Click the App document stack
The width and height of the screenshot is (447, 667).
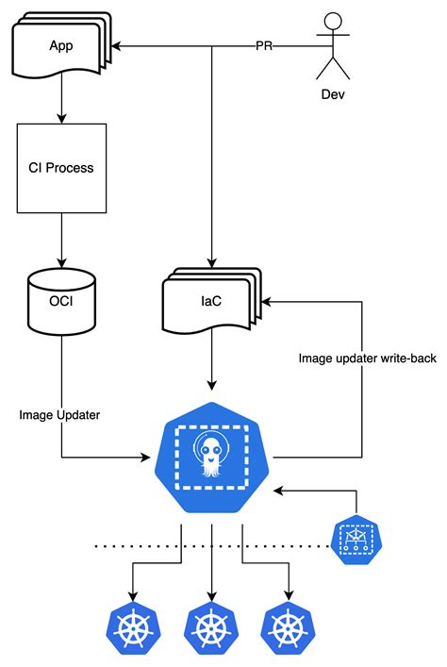60,48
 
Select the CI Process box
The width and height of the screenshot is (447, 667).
61,168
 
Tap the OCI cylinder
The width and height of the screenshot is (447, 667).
61,301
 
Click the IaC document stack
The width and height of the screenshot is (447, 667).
210,302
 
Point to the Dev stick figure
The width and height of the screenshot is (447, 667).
332,46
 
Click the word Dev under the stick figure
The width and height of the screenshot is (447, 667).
332,95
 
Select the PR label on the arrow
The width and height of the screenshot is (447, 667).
265,45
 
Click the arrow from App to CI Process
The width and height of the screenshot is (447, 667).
61,102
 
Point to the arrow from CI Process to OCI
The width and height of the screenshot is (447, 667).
61,240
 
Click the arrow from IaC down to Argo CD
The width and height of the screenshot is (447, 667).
211,363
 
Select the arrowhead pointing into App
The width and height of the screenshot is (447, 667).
119,45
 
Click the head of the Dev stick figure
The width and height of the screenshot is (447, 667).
332,21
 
